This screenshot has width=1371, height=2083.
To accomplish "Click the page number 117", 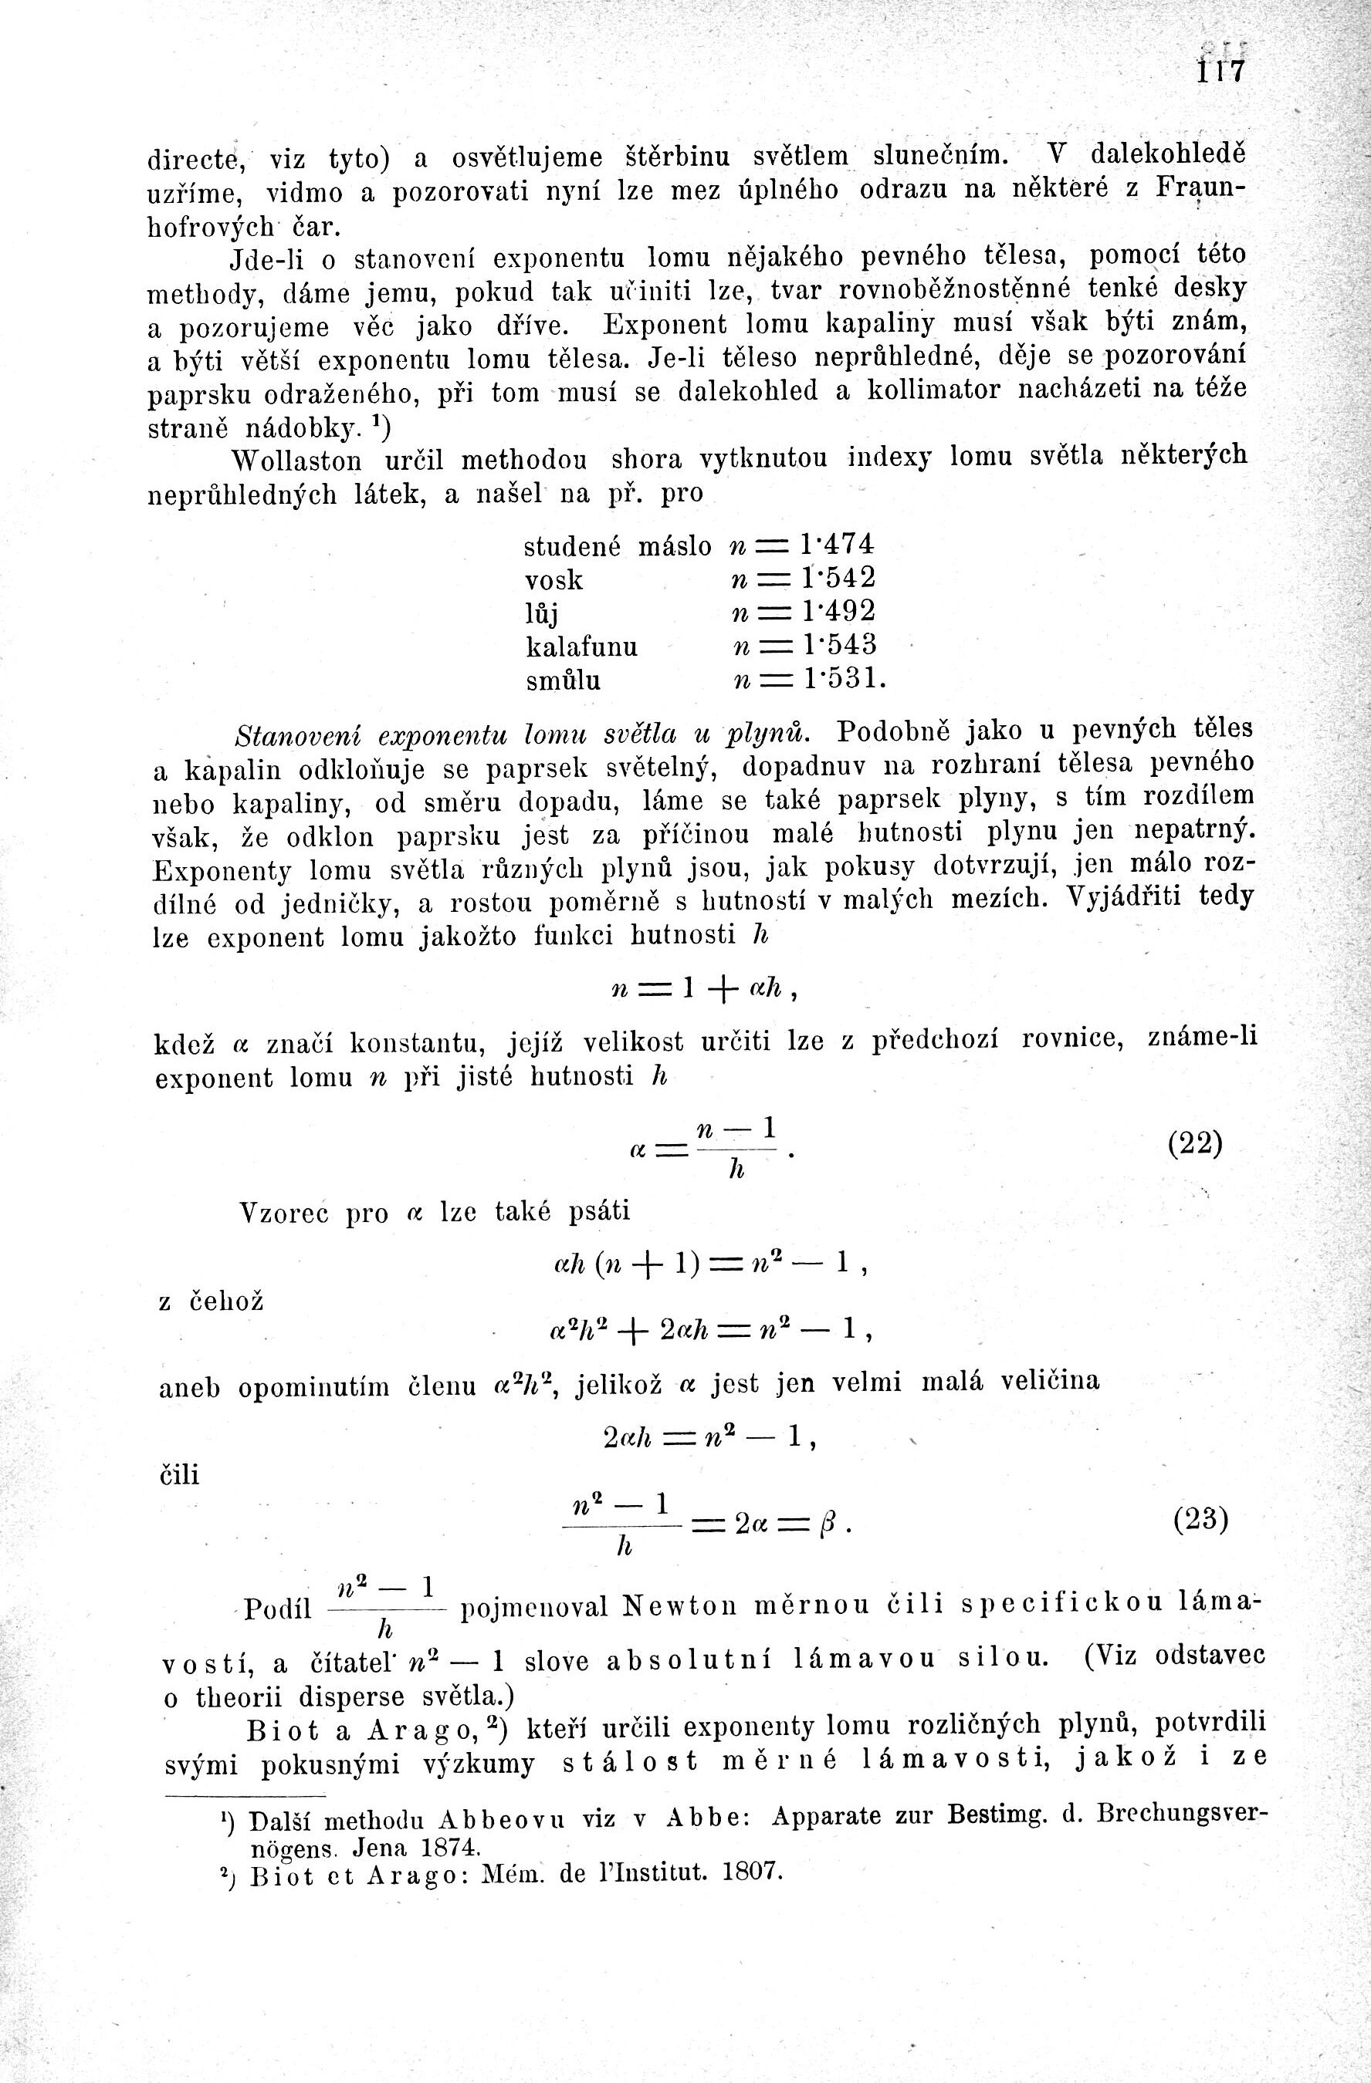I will pyautogui.click(x=1220, y=71).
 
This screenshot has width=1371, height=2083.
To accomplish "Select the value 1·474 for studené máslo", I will pyautogui.click(x=836, y=545).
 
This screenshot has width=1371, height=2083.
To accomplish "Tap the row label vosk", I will pyautogui.click(x=553, y=580).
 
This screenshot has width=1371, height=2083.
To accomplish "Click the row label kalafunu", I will pyautogui.click(x=581, y=647).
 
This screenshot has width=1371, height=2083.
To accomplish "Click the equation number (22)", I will pyautogui.click(x=1195, y=1144).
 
